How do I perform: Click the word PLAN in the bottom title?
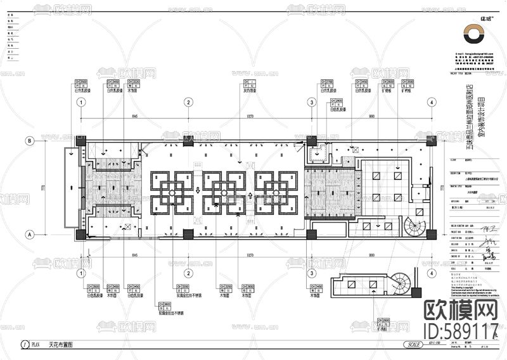click(35, 345)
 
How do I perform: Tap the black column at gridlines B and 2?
click(188, 140)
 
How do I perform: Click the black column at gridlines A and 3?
click(312, 234)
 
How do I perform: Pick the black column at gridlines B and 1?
click(81, 141)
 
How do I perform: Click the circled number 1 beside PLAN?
click(24, 345)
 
